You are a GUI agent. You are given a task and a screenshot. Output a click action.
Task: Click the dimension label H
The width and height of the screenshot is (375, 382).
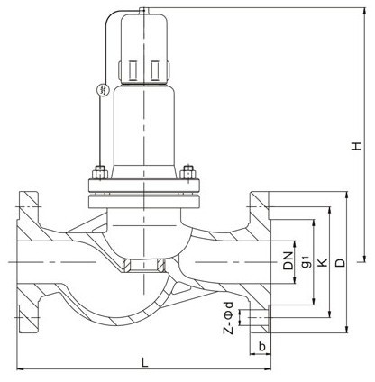point(357,146)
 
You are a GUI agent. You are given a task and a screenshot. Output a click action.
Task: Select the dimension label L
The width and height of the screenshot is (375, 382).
point(145,362)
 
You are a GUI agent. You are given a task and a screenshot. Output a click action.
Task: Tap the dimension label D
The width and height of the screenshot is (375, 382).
point(341,262)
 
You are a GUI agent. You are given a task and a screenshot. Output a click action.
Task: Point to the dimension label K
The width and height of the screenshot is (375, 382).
point(322,262)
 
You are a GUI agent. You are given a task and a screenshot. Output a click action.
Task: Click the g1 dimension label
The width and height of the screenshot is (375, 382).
point(305,260)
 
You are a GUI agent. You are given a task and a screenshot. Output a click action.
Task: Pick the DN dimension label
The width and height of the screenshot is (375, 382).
point(288,260)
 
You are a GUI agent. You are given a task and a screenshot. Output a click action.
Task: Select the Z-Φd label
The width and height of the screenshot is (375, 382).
point(228,318)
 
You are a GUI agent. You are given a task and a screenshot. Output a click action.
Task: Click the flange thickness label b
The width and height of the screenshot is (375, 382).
point(262,347)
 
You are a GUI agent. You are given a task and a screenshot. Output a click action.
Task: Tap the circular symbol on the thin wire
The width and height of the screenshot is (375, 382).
point(103,89)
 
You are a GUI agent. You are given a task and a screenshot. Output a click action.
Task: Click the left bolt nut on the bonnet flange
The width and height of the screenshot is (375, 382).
point(99,173)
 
